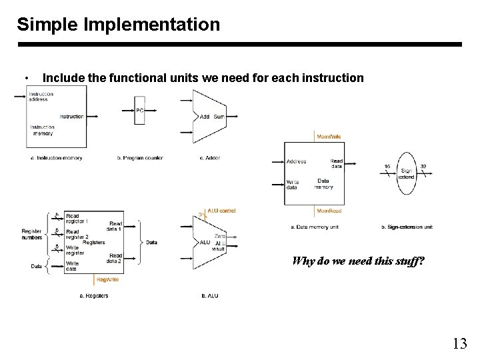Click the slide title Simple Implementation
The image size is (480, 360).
tap(118, 25)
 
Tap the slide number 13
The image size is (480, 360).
tap(459, 343)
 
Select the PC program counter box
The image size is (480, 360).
tap(139, 114)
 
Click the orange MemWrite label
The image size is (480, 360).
tap(329, 136)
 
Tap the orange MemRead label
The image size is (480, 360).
tap(329, 211)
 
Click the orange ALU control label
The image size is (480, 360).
tap(221, 211)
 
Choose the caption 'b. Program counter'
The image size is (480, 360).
tap(139, 157)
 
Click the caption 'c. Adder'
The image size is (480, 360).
tap(210, 157)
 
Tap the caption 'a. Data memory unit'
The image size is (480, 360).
tap(314, 227)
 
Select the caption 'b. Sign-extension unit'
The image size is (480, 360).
tap(407, 227)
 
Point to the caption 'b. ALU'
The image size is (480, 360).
tap(209, 295)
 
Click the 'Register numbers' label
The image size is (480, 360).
tap(33, 234)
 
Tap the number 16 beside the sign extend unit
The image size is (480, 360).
tap(387, 166)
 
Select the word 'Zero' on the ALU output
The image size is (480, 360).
tap(219, 237)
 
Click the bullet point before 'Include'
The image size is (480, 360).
tap(25, 79)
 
